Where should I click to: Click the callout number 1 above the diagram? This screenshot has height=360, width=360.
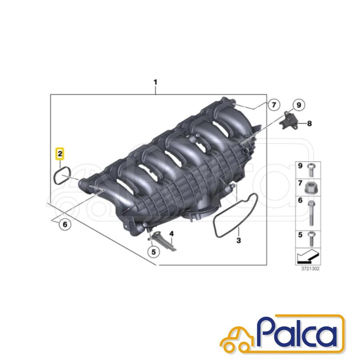click(x=156, y=82)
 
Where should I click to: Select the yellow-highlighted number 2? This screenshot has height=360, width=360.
click(x=60, y=154)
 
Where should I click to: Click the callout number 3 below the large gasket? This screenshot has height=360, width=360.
click(x=238, y=240)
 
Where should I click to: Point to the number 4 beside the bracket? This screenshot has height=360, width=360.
click(x=172, y=234)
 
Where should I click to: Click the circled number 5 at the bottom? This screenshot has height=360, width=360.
click(x=153, y=252)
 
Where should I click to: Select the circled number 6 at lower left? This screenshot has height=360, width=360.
click(x=65, y=224)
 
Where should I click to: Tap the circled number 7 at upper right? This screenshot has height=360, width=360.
click(x=274, y=105)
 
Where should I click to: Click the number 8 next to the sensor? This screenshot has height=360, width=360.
click(x=309, y=124)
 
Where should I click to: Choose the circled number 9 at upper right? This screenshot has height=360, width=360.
click(x=299, y=105)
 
